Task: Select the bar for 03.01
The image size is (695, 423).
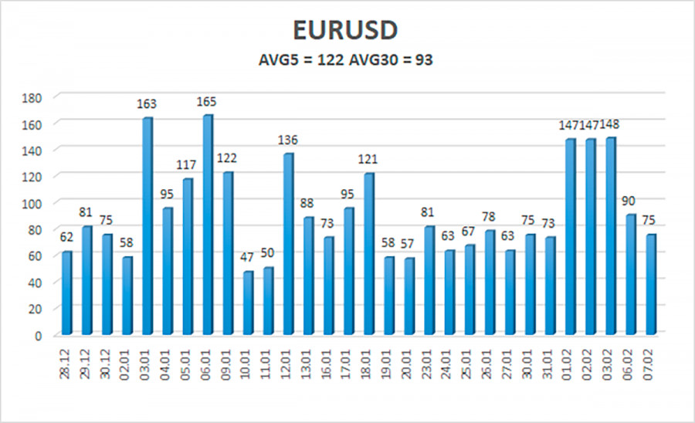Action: (147, 226)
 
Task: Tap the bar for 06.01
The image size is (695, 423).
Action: (207, 225)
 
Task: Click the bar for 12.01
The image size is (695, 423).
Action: (287, 244)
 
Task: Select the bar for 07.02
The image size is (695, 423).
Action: (650, 284)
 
